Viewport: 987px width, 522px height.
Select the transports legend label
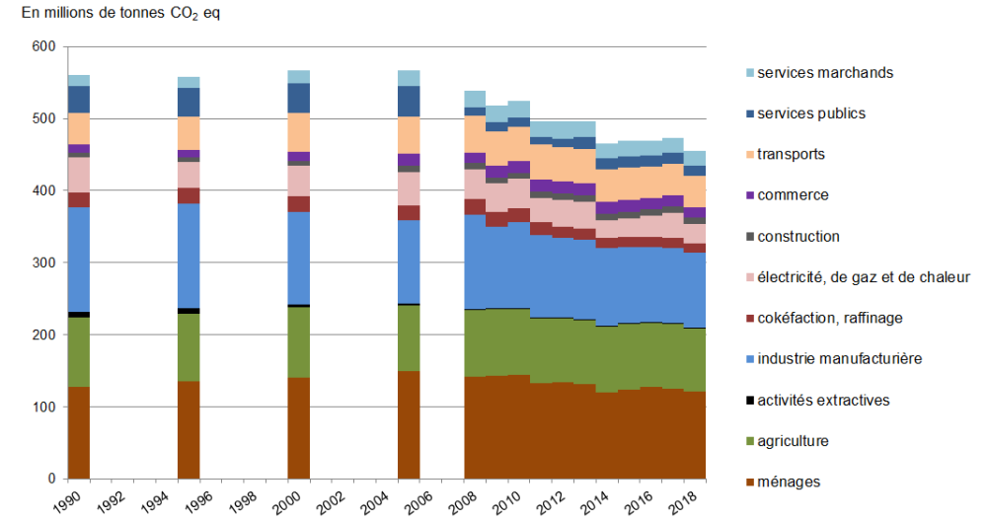tap(791, 154)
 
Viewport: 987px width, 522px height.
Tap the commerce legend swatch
tap(746, 195)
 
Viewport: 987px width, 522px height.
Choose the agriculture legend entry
tap(794, 441)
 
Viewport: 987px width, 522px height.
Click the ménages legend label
tap(788, 482)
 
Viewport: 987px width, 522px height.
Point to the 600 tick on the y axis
tap(43, 46)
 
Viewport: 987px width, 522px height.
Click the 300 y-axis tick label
tap(43, 263)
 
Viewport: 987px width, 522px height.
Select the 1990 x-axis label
tap(65, 498)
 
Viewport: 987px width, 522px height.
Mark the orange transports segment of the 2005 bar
tap(409, 135)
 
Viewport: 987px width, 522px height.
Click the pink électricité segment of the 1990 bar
tap(79, 175)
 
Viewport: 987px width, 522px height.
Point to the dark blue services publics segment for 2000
tap(298, 98)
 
